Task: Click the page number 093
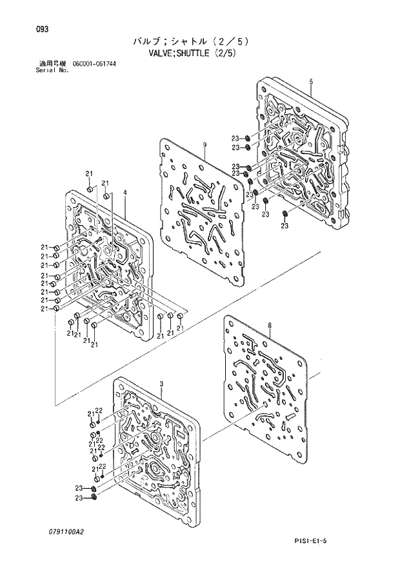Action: (42, 29)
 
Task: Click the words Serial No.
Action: (52, 70)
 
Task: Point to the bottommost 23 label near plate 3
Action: (79, 498)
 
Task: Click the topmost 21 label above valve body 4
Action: (89, 173)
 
